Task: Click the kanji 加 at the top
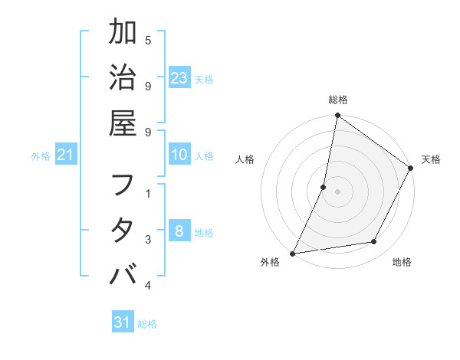[x=123, y=34]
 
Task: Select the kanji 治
[x=123, y=79]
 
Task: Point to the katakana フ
[x=123, y=186]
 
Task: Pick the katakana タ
[x=123, y=231]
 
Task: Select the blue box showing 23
[x=179, y=78]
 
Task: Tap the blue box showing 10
[x=179, y=155]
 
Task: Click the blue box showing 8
[x=179, y=231]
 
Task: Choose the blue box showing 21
[x=66, y=155]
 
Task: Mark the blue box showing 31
[x=123, y=322]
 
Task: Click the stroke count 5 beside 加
[x=148, y=40]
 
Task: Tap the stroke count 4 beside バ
[x=148, y=285]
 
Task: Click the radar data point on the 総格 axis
[x=337, y=116]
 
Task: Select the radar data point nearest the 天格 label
[x=411, y=169]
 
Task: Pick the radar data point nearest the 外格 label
[x=292, y=254]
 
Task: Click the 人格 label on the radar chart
[x=245, y=159]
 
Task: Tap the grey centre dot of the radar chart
[x=337, y=191]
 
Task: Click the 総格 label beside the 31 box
[x=147, y=324]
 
